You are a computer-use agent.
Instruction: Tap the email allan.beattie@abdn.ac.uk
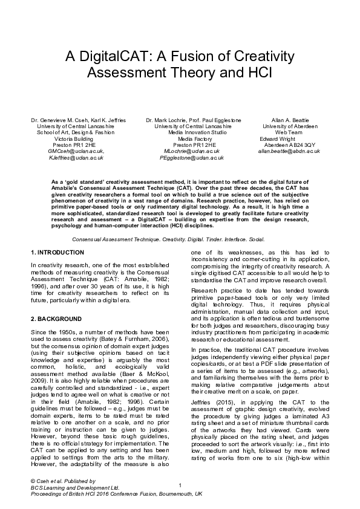[289, 151]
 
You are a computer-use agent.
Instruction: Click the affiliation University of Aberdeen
[289, 126]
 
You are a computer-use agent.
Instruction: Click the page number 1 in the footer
[180, 486]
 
